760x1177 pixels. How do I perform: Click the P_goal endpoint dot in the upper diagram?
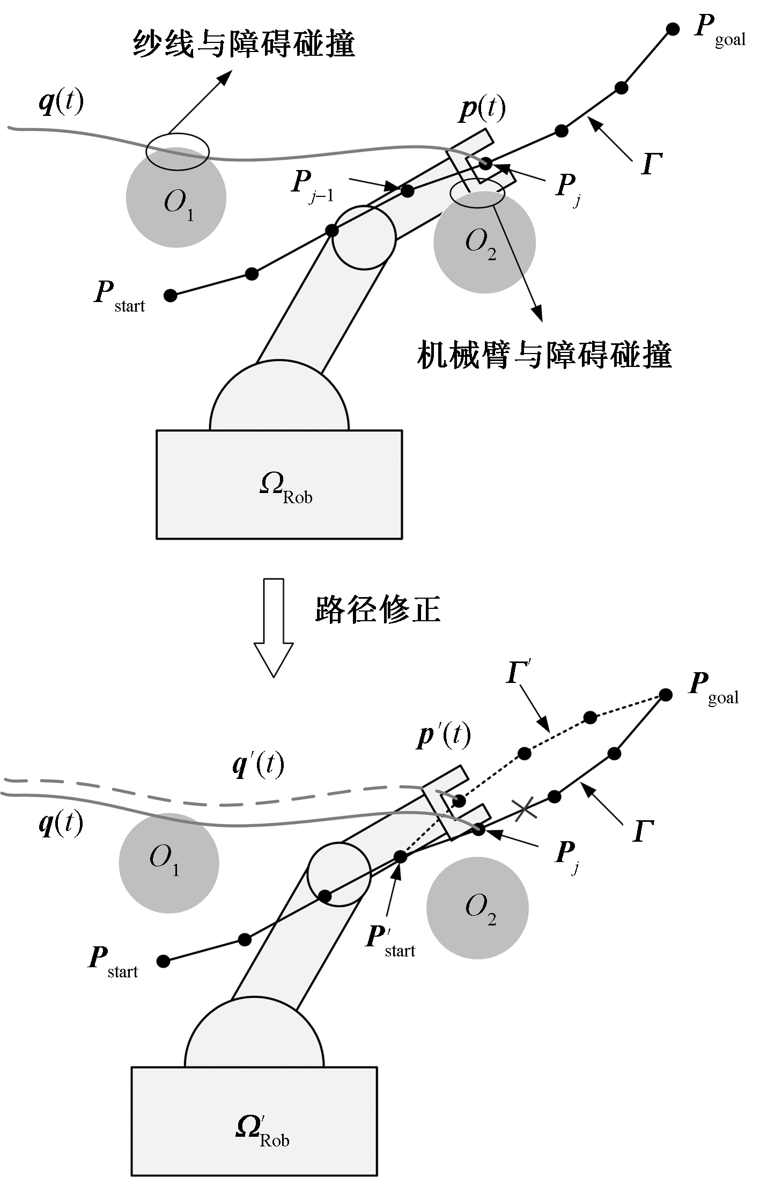(672, 29)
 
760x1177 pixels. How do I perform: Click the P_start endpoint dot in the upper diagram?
(170, 295)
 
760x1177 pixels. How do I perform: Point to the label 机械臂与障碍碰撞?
(544, 355)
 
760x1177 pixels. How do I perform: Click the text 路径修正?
(378, 609)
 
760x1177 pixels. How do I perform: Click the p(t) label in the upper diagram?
(482, 109)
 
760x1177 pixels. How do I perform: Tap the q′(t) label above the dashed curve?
(258, 764)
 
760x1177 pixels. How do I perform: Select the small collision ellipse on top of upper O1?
(177, 151)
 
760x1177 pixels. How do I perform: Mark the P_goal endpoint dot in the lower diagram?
(666, 695)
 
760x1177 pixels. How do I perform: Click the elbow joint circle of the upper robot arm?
(364, 237)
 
